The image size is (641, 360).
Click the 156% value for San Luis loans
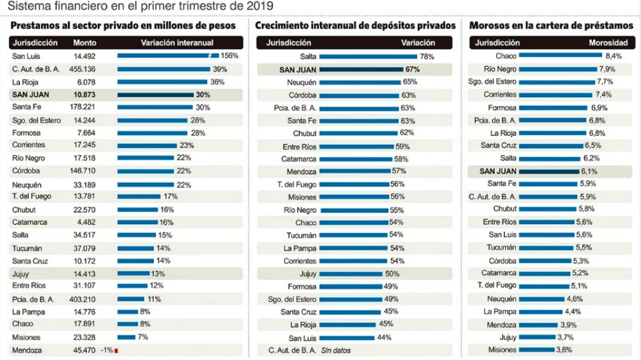229,56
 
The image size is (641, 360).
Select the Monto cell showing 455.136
83,69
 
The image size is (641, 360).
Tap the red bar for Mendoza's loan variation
116,350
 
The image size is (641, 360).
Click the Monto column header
85,43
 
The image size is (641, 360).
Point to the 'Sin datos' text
336,350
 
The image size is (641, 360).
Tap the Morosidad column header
606,43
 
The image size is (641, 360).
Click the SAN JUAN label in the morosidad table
498,171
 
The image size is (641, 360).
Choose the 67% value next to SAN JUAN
412,69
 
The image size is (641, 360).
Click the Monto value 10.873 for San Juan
82,94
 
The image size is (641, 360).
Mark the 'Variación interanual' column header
176,43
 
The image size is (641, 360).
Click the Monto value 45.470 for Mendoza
83,350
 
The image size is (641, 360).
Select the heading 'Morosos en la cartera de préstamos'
551,26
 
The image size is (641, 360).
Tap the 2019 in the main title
258,6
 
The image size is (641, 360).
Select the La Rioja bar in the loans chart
162,82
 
